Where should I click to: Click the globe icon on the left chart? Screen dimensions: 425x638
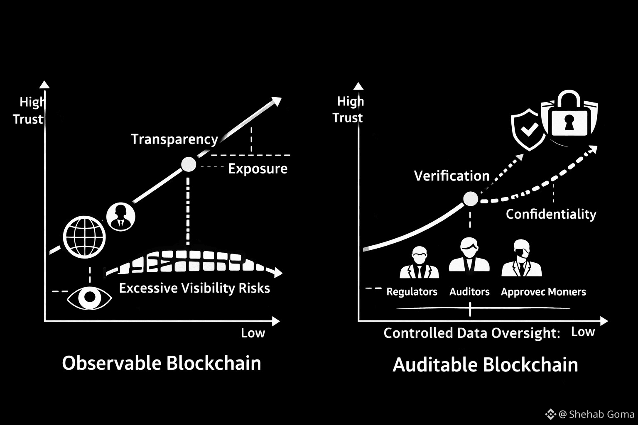(x=84, y=237)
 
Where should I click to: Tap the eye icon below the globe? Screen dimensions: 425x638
(x=89, y=298)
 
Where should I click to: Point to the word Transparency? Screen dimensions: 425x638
(x=174, y=139)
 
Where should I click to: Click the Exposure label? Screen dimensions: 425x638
(x=258, y=169)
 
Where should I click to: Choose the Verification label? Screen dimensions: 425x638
(x=452, y=176)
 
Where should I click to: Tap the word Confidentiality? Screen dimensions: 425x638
(x=551, y=214)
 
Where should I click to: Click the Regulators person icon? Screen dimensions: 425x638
(x=419, y=262)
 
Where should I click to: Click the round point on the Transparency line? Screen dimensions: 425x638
(x=189, y=164)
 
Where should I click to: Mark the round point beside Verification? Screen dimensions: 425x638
(x=471, y=199)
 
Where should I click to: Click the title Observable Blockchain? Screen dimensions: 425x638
(x=162, y=363)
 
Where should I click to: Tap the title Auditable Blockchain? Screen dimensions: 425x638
(x=485, y=365)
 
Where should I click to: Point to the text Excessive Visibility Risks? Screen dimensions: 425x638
(x=194, y=288)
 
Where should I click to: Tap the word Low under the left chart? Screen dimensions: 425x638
(x=253, y=333)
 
